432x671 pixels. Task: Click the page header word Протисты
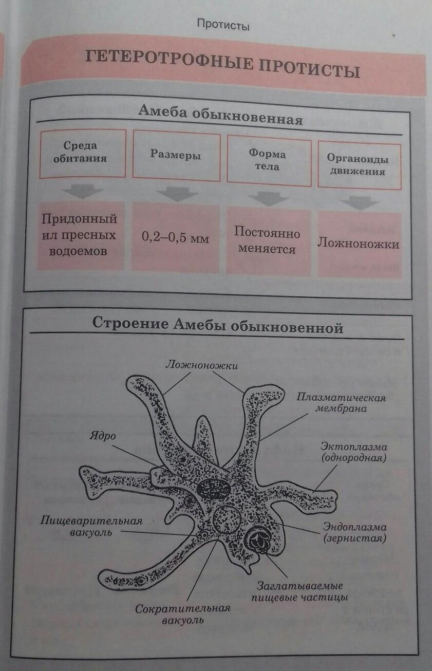[223, 25]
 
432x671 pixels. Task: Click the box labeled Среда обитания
[82, 153]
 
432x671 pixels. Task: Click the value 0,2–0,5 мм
[175, 238]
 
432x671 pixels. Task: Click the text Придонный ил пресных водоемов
[80, 235]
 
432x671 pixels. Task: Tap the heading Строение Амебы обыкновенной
[217, 325]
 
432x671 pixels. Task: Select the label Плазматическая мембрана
[341, 403]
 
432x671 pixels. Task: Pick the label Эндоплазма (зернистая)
[354, 533]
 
